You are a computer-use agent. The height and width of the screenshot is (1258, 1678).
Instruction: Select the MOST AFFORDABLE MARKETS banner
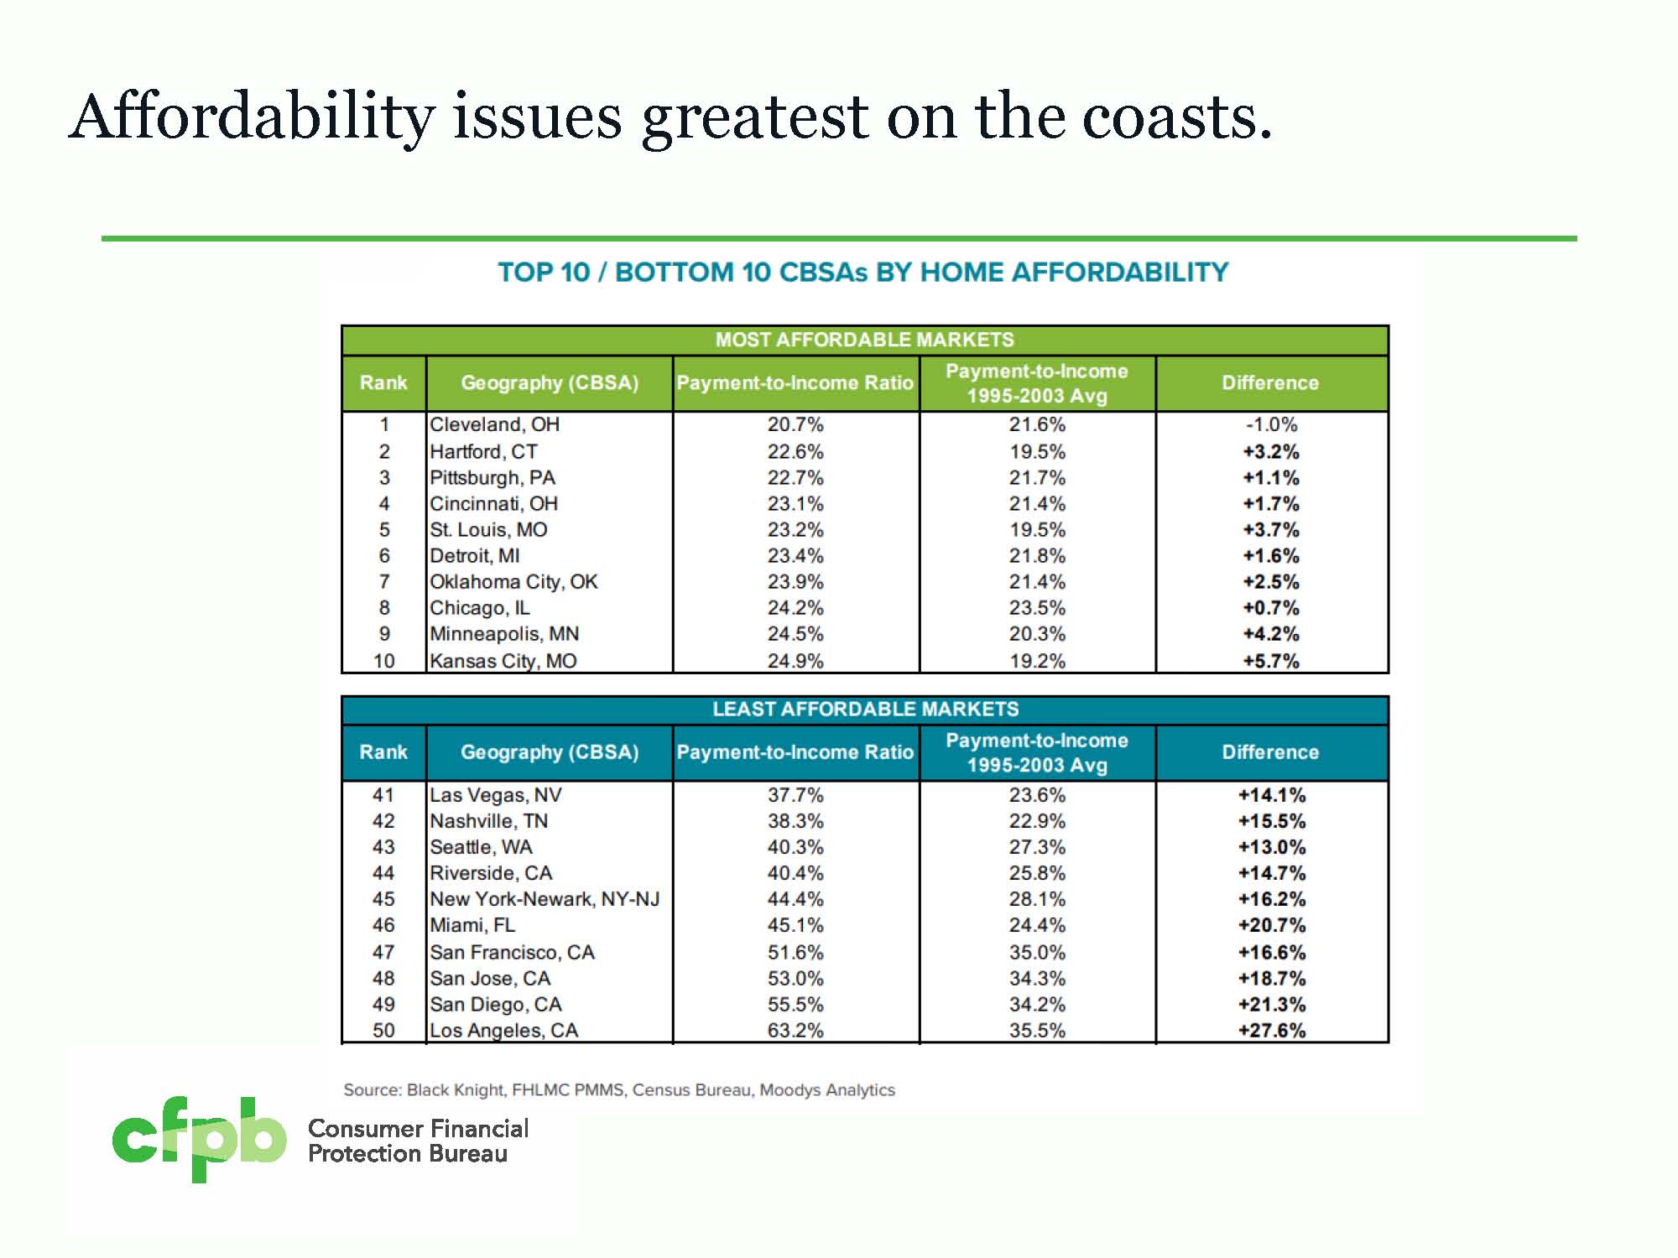click(x=864, y=340)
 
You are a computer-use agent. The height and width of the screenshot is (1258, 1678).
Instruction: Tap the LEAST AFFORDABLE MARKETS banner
click(x=865, y=710)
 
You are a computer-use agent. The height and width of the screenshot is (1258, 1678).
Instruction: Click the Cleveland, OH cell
click(x=494, y=425)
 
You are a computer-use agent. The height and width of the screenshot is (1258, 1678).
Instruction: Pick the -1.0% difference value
click(x=1271, y=425)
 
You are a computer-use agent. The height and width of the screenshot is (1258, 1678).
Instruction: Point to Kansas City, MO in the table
click(x=503, y=661)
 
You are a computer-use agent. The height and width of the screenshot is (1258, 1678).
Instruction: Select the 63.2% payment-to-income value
click(x=795, y=1031)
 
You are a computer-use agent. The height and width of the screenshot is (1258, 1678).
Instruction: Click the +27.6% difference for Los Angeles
click(x=1271, y=1031)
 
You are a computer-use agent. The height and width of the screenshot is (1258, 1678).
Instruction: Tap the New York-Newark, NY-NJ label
click(x=545, y=900)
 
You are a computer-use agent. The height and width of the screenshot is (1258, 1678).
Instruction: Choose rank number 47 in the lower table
click(x=383, y=953)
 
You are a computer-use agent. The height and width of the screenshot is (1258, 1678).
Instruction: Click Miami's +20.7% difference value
click(x=1271, y=926)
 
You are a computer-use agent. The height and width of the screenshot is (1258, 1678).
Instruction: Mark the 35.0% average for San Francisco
click(x=1037, y=953)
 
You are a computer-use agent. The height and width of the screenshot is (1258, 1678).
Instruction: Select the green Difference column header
click(x=1270, y=383)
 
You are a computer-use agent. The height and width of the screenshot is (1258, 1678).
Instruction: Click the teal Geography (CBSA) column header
click(x=550, y=752)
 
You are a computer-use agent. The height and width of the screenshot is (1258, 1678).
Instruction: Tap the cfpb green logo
click(x=199, y=1139)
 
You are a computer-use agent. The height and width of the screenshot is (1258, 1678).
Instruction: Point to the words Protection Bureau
click(x=408, y=1155)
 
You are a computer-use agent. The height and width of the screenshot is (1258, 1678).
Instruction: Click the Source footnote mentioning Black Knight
click(x=619, y=1090)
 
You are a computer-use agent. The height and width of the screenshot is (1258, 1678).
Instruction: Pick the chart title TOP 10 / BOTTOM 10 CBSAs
click(x=862, y=273)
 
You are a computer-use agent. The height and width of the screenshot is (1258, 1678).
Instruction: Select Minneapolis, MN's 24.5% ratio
click(x=795, y=635)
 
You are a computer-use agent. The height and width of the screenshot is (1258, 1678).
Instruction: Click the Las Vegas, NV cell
click(x=495, y=795)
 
